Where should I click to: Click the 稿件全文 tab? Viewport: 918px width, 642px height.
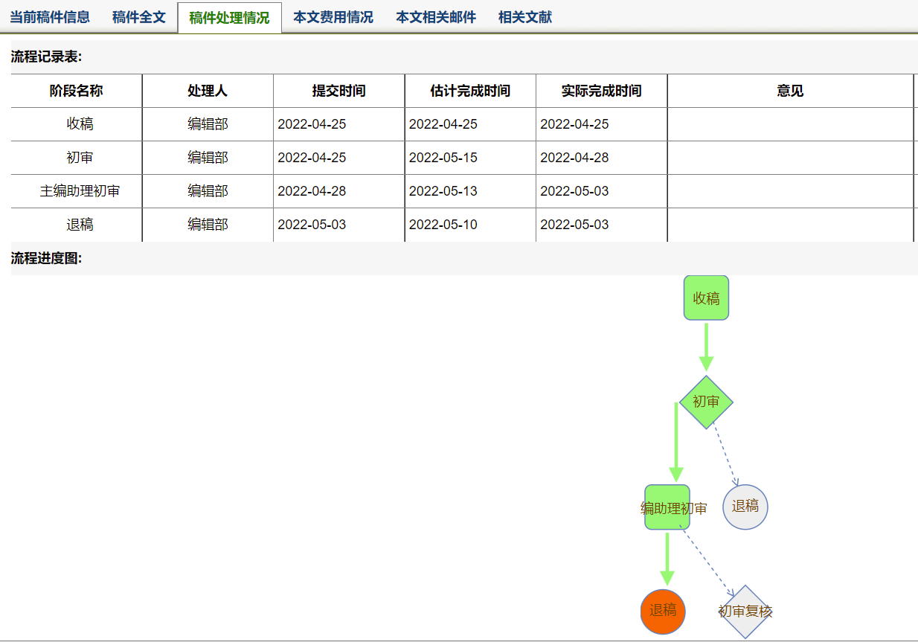[139, 17]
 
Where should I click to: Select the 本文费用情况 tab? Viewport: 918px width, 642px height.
[333, 17]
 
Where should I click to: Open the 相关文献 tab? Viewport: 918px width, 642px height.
[525, 17]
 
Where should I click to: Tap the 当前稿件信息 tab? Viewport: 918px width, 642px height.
[50, 17]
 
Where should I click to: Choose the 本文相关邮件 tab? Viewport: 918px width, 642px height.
[436, 17]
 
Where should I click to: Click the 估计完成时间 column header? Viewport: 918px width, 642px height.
[470, 91]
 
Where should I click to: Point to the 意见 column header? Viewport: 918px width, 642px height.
[790, 91]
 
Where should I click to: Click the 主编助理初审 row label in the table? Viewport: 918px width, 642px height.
[80, 191]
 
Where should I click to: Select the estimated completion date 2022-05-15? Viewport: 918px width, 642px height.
[443, 157]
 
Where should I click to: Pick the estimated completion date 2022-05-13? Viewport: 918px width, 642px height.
[443, 191]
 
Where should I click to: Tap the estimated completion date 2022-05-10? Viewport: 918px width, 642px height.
[443, 225]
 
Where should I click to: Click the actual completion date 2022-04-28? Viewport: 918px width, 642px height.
[574, 157]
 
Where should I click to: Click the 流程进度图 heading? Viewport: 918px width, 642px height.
[46, 258]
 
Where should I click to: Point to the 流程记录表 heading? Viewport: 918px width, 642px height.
[46, 57]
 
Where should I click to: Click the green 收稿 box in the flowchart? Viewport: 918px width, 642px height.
[706, 298]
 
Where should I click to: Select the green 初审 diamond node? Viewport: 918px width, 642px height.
[706, 402]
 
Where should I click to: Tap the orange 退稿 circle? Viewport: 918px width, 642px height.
[663, 611]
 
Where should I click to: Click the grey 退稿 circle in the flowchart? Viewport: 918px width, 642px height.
[745, 507]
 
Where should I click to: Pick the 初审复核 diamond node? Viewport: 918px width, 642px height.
[745, 611]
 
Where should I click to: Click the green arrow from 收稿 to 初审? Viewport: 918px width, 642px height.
[706, 347]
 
